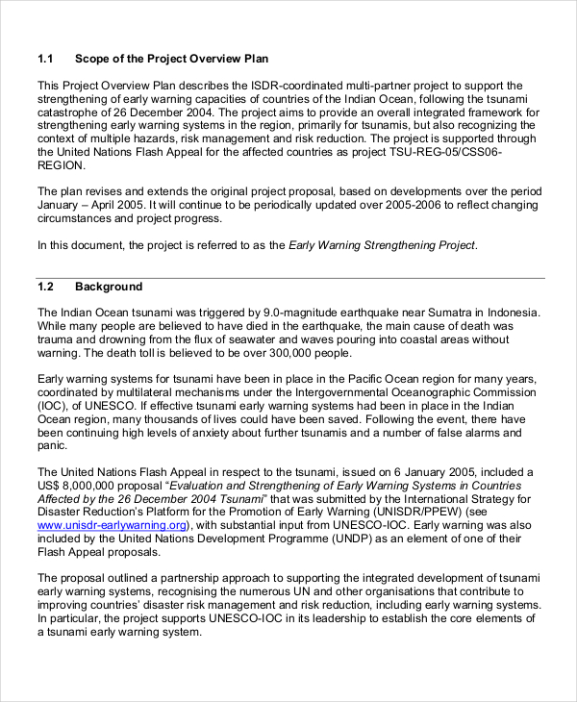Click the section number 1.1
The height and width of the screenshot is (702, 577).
point(46,59)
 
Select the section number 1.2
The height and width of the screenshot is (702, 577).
point(46,287)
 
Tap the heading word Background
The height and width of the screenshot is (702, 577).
point(109,287)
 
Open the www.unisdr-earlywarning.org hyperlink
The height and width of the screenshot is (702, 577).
point(112,526)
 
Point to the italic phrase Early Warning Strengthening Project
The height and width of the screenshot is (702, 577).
point(382,245)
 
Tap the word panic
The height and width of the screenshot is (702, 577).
point(52,445)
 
